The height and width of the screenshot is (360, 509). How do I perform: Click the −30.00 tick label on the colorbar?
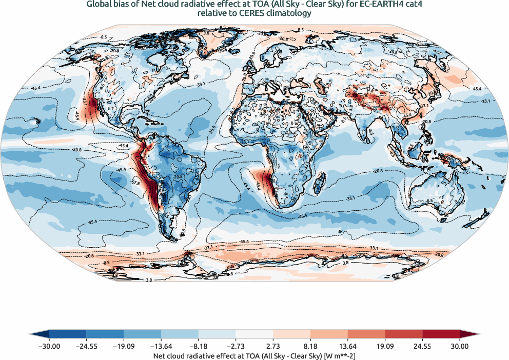pos(49,346)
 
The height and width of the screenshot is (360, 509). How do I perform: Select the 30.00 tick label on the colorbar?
pos(460,346)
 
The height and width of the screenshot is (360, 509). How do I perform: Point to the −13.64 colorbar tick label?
pos(161,346)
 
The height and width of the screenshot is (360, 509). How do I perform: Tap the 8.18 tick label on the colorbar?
pos(310,346)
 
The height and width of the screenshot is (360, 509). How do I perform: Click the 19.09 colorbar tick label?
pos(385,346)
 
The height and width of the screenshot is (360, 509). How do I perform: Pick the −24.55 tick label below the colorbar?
pos(86,346)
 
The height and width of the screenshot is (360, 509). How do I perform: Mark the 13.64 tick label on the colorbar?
pos(348,346)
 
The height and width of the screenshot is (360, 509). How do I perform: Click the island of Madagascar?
pos(321,181)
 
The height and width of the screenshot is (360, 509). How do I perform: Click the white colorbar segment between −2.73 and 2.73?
pos(254,334)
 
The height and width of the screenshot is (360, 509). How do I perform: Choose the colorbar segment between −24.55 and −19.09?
pos(105,334)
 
